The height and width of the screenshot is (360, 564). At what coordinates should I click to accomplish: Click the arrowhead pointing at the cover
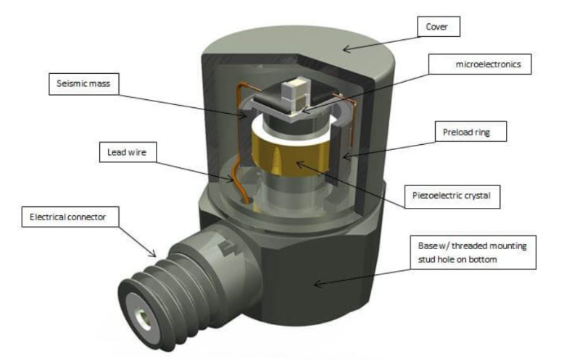(x=346, y=50)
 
